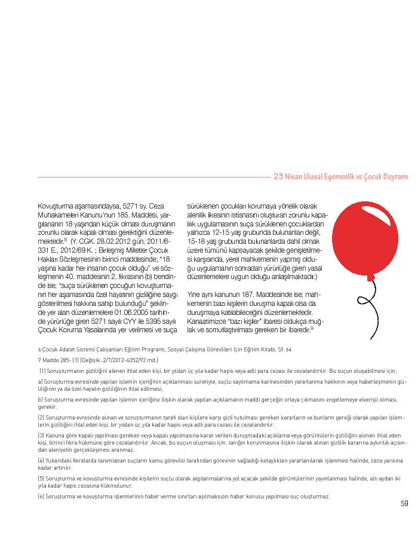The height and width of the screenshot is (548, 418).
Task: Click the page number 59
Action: click(404, 503)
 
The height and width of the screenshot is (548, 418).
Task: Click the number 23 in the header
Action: click(278, 177)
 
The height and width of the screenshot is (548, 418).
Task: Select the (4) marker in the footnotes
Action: click(41, 460)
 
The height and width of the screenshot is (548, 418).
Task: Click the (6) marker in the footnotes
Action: click(41, 497)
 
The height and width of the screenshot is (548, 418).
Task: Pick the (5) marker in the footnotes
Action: click(41, 478)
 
